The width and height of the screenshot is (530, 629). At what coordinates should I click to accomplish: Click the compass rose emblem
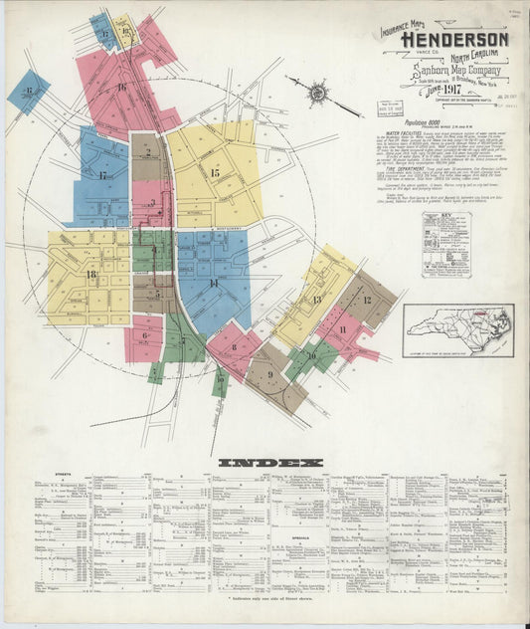click(x=317, y=94)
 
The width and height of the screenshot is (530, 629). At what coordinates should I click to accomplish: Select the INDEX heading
click(x=270, y=463)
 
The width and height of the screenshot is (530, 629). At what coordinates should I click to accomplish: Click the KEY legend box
click(x=444, y=242)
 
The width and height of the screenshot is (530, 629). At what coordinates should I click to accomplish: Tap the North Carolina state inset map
click(x=457, y=330)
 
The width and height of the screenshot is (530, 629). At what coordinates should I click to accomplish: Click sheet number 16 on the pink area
click(x=121, y=88)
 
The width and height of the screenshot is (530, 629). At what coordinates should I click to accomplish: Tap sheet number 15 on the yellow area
click(x=215, y=173)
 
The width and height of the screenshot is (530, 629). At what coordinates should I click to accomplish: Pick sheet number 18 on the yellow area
click(x=90, y=274)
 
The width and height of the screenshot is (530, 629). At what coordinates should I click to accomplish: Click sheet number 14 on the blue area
click(x=213, y=284)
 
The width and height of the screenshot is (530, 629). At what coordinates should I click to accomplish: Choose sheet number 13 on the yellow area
click(x=317, y=299)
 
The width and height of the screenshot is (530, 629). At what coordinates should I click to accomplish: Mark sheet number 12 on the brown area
click(x=366, y=300)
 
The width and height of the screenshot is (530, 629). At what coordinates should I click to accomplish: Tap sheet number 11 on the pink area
click(x=343, y=329)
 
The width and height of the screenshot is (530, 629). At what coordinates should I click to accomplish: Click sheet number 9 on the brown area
click(x=269, y=373)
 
